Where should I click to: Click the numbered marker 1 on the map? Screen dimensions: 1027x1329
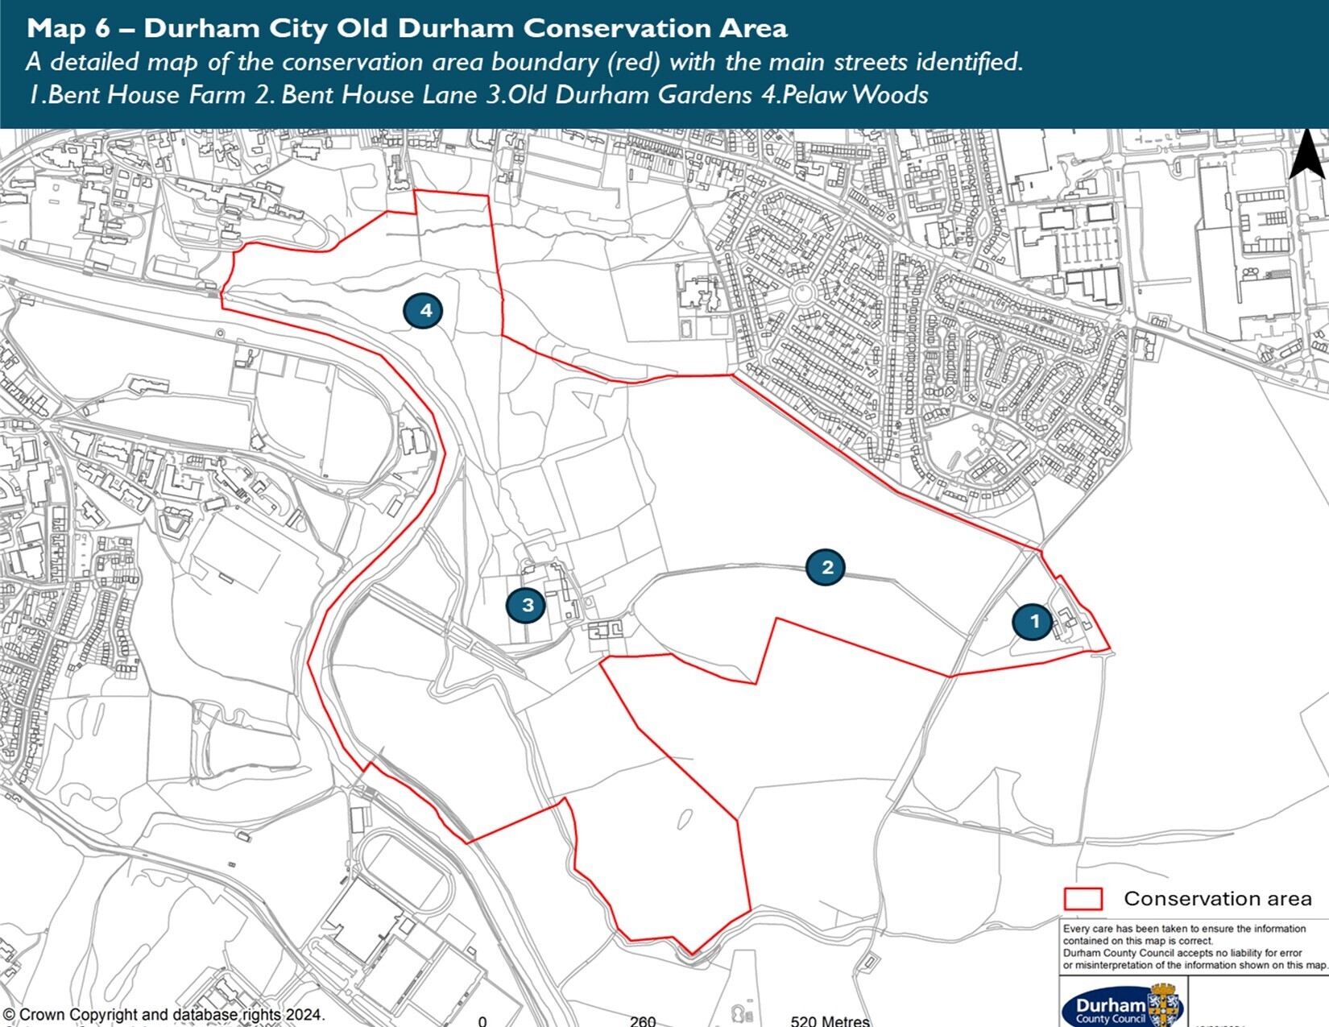coord(1034,622)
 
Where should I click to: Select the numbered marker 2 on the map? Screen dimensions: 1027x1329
coord(826,567)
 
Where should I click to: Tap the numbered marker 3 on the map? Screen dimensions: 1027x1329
coord(528,605)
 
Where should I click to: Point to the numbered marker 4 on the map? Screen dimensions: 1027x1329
coord(425,310)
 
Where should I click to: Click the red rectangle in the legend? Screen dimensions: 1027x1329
coord(1083,899)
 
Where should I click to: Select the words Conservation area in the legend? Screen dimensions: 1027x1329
coord(1217,899)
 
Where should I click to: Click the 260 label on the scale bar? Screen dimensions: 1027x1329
coord(643,1021)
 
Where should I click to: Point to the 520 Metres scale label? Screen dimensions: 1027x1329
coord(830,1021)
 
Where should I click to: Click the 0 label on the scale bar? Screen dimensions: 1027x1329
coord(482,1021)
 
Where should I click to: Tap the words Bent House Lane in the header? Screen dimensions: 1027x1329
coord(379,95)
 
